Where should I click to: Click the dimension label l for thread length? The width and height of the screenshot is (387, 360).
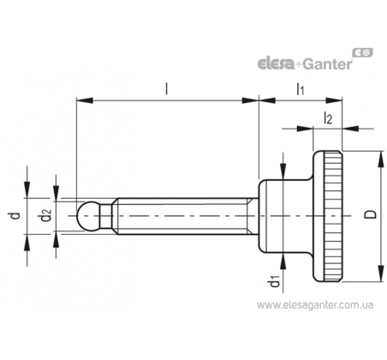167,88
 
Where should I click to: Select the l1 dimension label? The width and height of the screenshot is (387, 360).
301,89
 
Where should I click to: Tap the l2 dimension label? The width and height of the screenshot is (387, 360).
328,118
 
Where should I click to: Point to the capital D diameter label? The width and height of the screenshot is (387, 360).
371,214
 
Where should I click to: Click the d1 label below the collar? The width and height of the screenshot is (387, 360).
275,281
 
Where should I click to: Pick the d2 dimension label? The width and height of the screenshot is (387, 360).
46,215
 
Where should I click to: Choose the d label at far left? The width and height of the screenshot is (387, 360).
16,215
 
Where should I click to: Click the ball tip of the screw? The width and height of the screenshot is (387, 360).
88,216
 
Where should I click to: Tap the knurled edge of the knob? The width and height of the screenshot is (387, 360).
332,216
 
